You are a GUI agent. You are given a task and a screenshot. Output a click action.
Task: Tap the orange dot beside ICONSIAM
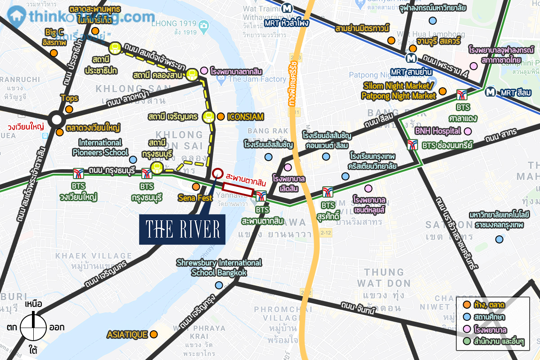[x=220, y=117]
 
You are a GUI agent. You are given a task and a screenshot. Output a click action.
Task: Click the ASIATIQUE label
[x=127, y=335]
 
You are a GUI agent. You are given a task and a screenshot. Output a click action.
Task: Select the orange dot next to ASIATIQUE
[x=154, y=334]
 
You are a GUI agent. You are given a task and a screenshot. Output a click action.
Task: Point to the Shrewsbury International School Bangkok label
[x=219, y=267]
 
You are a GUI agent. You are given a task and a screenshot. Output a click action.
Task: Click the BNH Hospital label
[x=438, y=131]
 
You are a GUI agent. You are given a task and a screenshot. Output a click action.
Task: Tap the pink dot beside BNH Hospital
[x=468, y=131]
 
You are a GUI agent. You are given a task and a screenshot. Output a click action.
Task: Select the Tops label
[x=69, y=98]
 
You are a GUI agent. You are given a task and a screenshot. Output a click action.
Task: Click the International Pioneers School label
[x=100, y=148]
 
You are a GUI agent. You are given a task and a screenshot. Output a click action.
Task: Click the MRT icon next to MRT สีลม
[x=491, y=92]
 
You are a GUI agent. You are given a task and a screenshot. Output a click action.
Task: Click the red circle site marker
[x=217, y=174]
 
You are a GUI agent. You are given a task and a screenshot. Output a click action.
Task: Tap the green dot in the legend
[x=467, y=342]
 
